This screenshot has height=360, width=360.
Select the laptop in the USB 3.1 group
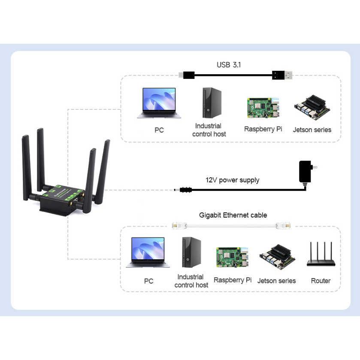coord(159,103)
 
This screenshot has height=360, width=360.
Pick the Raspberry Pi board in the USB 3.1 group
coord(263,108)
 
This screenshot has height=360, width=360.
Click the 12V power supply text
coord(233,180)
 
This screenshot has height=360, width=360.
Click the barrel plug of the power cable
coord(185,190)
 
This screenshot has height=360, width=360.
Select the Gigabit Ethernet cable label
coord(233,215)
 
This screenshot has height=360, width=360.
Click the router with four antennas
coord(321,255)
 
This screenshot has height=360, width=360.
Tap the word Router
coord(321,281)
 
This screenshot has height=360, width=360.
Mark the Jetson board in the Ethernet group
coord(277,260)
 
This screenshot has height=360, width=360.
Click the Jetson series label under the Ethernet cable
coord(276,281)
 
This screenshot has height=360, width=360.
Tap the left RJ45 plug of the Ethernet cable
coord(178,224)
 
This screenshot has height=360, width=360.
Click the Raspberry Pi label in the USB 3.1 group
coord(263,129)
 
